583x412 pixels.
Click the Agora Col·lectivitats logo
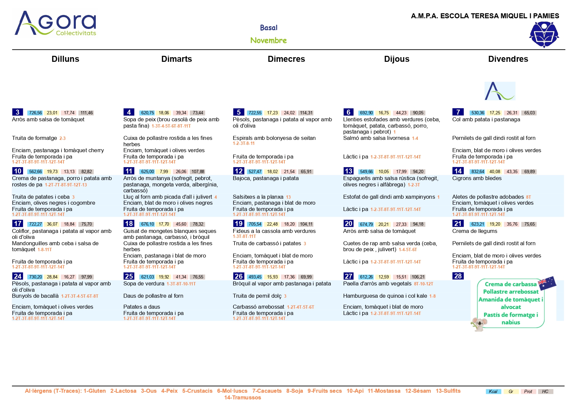(56, 23)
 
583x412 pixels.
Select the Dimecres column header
(286, 59)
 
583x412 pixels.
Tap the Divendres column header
(508, 59)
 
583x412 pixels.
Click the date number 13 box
(349, 171)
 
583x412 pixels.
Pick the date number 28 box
(458, 276)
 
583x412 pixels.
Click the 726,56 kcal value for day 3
(36, 113)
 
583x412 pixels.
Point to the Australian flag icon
(547, 283)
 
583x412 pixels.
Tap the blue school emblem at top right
(544, 35)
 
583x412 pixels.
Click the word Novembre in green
(268, 41)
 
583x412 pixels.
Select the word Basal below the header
(269, 28)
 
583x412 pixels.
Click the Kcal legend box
(493, 392)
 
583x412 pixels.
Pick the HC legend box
(545, 392)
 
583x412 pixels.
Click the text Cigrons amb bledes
(477, 178)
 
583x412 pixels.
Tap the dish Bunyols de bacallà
(35, 296)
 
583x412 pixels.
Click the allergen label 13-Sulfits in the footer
(448, 391)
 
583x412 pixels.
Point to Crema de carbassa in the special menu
(510, 284)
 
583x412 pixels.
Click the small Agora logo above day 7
(500, 91)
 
